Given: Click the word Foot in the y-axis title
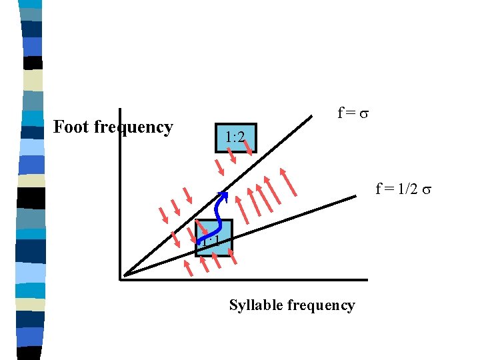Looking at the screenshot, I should click(x=69, y=127).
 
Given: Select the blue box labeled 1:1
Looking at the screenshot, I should click(x=213, y=238).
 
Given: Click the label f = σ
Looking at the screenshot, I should click(x=353, y=113).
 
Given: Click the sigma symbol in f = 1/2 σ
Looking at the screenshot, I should click(x=427, y=190).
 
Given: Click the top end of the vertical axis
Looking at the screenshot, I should click(x=120, y=111).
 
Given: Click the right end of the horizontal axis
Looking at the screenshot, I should click(x=365, y=279).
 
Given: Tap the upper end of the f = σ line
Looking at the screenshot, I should click(x=311, y=117).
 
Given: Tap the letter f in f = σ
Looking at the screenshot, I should click(x=340, y=113).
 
